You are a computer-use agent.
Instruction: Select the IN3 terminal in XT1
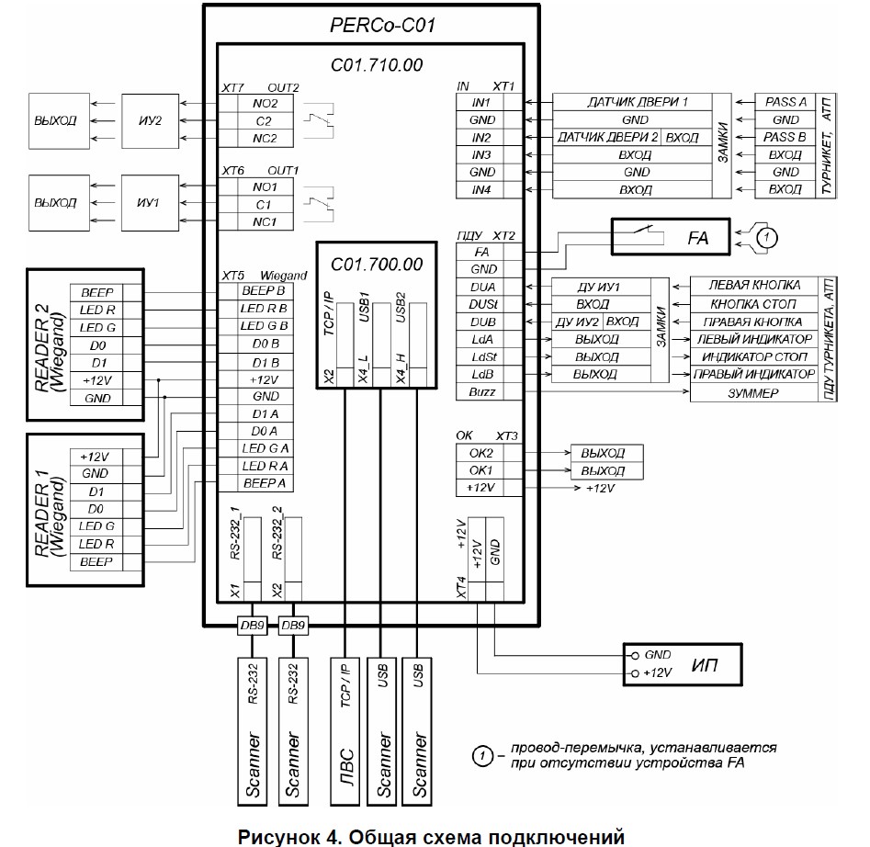pos(480,154)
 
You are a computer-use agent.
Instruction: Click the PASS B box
pos(785,137)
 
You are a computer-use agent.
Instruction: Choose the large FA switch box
pos(670,238)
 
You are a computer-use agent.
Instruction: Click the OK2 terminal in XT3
pos(480,453)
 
